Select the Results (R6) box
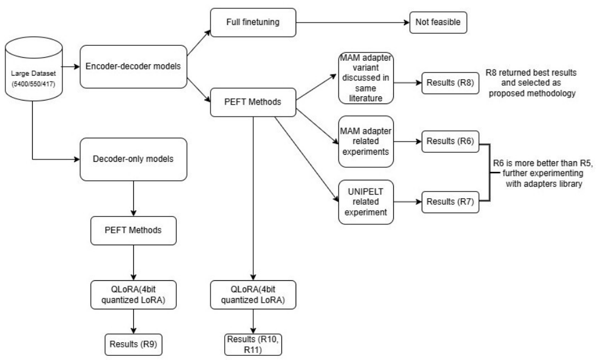[450, 143]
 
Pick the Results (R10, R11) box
[255, 345]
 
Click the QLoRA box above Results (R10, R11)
[254, 296]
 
